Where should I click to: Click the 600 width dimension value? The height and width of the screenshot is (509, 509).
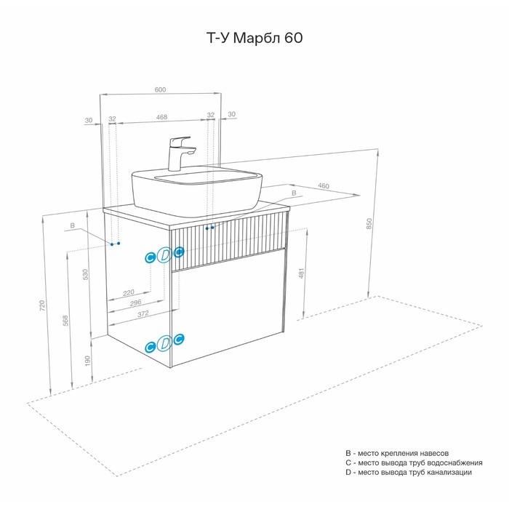coord(160,89)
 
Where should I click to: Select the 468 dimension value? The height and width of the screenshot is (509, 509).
coord(161,116)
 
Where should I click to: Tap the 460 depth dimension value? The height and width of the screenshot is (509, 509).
coord(324,186)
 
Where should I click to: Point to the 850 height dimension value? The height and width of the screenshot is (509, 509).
coord(369,224)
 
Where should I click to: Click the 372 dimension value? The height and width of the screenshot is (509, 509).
coord(143,313)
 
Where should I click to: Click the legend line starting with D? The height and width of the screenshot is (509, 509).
coord(409,472)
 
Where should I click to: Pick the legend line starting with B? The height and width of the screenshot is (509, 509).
coord(402,452)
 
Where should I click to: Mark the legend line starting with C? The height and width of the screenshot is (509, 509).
coord(414,462)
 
